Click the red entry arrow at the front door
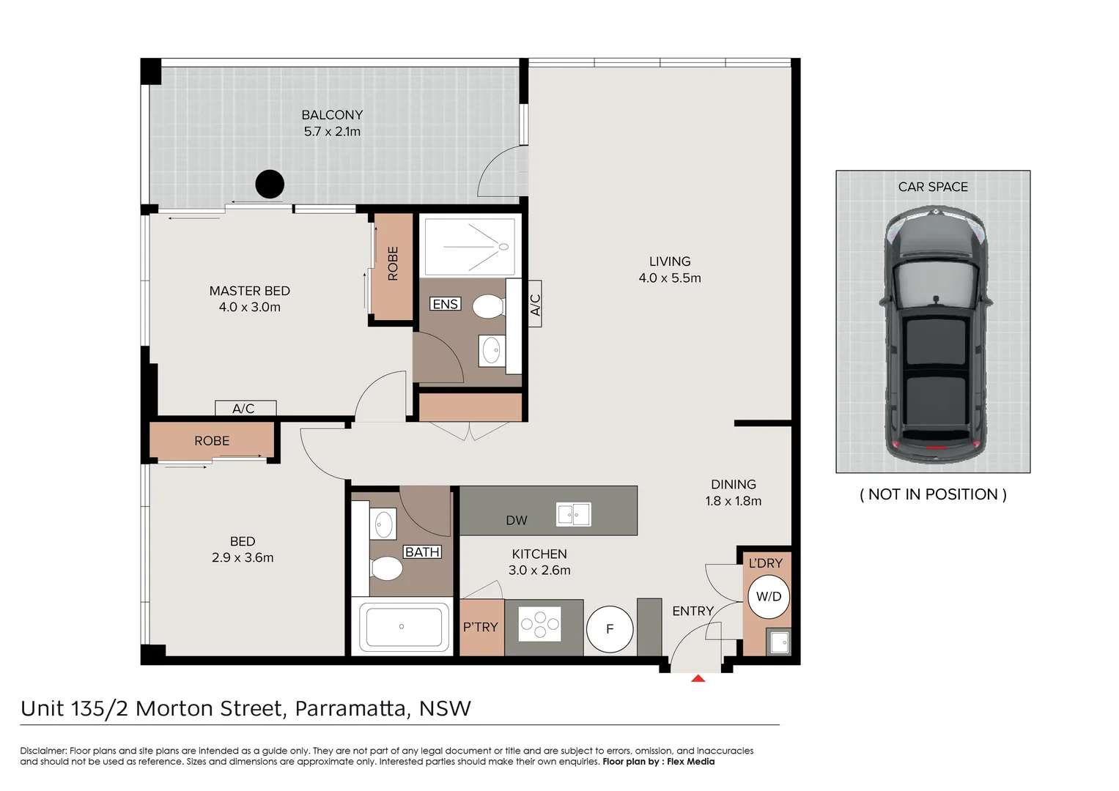coord(698,678)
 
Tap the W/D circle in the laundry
coord(768,597)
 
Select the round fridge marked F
coord(610,629)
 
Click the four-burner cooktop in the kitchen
coord(540,624)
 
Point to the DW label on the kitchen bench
coord(517,521)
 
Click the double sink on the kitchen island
coord(573,514)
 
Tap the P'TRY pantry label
coord(481,628)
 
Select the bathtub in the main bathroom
coord(402,627)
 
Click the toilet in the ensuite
coord(488,306)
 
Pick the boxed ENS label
coord(445,304)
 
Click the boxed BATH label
coord(423,552)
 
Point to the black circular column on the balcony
coord(270,184)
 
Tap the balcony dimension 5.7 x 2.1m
coord(332,132)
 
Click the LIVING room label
coord(669,261)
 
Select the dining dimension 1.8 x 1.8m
coord(733,502)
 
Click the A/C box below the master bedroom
coord(245,408)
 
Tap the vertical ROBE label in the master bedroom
coord(393,264)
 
